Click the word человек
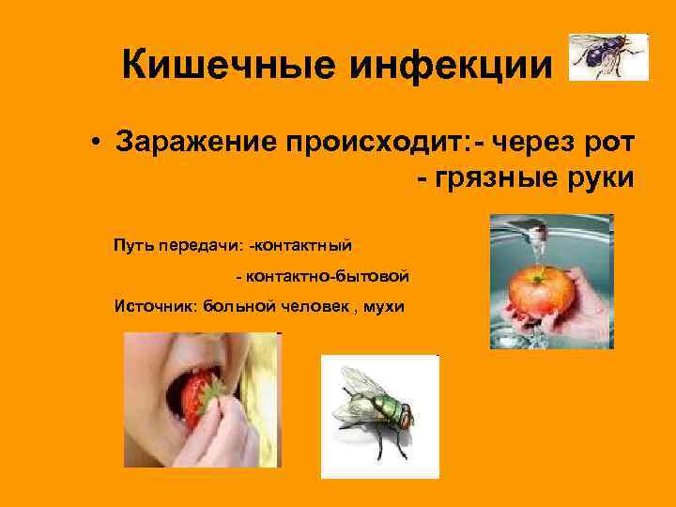tap(314, 306)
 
